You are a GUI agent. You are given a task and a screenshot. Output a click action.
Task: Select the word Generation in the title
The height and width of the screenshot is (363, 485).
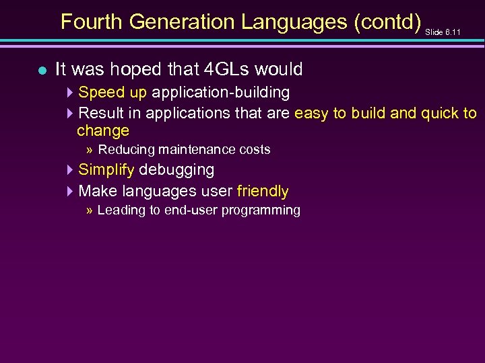[182, 22]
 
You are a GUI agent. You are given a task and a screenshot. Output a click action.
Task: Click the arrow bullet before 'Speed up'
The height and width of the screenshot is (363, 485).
[70, 92]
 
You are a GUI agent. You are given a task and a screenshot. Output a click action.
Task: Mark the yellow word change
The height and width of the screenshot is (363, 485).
[102, 130]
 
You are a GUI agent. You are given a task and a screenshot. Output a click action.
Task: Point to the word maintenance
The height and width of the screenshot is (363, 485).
[191, 149]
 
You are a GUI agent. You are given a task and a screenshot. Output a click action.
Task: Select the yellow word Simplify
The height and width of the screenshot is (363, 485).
[106, 170]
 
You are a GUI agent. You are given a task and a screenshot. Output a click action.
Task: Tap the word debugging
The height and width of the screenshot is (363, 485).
[176, 170]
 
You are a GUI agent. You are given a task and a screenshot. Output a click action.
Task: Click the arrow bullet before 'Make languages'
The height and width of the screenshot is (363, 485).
[70, 192]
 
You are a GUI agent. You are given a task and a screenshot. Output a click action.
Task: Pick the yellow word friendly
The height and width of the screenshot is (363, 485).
[262, 192]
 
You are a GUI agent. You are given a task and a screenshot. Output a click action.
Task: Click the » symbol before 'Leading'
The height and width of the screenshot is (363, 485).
[90, 210]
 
